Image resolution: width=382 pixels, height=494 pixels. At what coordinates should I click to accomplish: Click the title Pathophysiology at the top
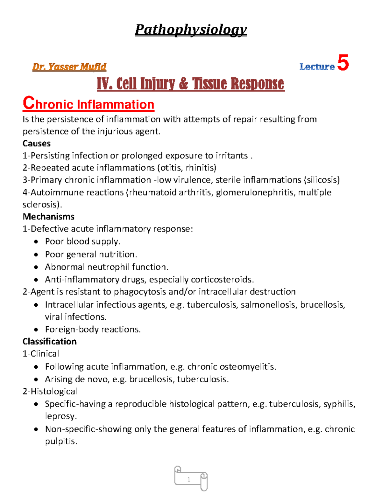pos(191,30)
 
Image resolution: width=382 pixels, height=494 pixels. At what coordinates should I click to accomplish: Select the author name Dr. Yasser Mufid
pos(69,67)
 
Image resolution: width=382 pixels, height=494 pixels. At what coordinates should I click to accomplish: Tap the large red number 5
pos(343,63)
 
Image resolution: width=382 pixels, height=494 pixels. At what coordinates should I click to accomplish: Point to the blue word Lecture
pos(317,67)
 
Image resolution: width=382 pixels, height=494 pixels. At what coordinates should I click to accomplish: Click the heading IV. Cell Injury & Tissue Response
pos(190,84)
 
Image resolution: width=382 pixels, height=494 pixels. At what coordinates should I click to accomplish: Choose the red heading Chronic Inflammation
pos(88,104)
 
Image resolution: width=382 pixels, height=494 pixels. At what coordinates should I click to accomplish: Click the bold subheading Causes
pos(36,143)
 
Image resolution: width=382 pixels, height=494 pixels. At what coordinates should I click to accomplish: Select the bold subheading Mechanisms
pos(48,217)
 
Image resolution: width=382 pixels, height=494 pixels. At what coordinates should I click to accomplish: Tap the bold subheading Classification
pos(49,341)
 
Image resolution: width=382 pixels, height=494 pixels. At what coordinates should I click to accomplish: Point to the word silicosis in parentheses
pos(322,180)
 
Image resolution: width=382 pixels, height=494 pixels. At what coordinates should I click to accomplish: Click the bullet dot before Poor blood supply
pos(37,242)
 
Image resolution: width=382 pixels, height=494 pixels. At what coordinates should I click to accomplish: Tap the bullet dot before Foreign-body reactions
pos(37,330)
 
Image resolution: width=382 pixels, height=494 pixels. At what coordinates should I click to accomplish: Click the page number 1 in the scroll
pos(189,479)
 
